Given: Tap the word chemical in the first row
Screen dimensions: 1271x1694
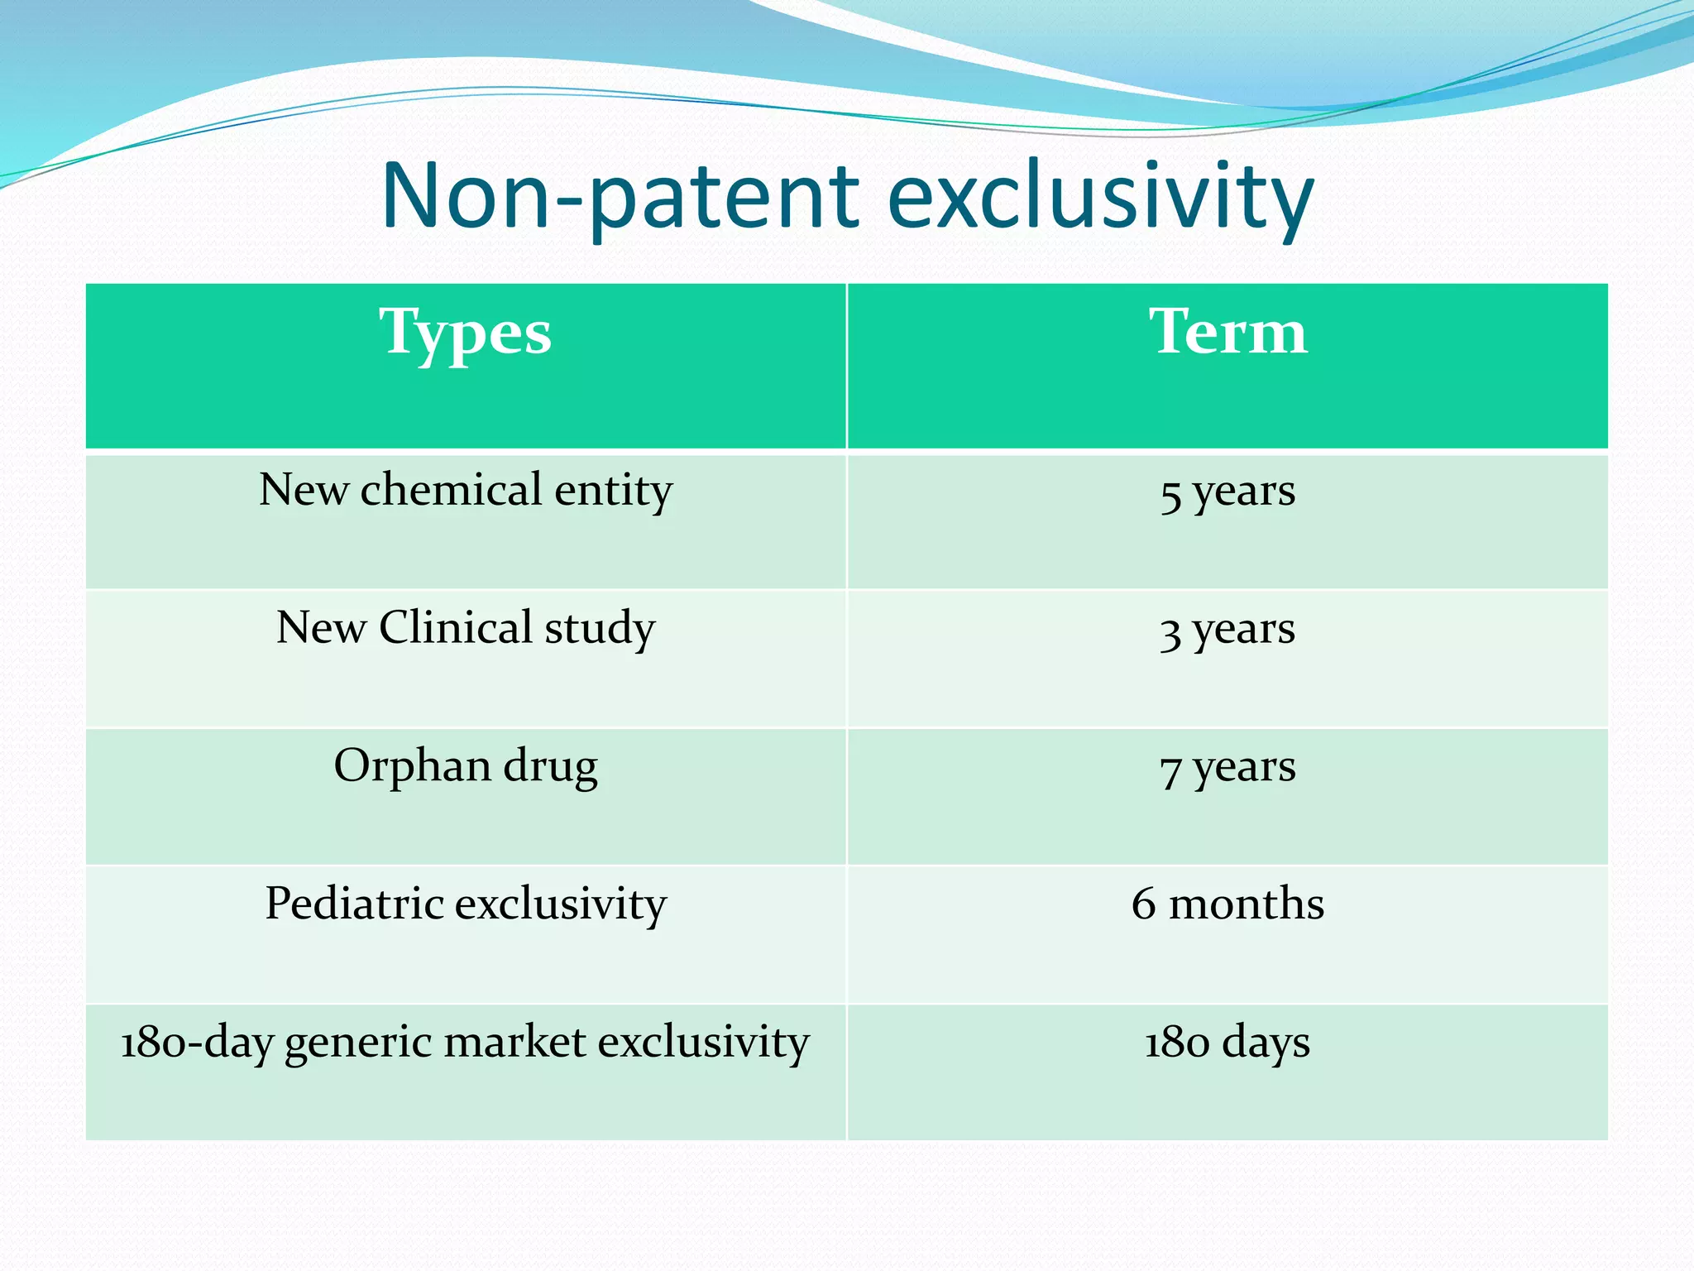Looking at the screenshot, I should coord(452,490).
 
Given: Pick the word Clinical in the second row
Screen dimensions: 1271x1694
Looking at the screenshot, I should coord(456,628).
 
